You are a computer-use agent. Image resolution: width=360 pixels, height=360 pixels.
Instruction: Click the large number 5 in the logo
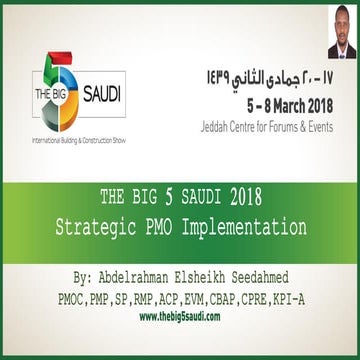coord(46,76)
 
